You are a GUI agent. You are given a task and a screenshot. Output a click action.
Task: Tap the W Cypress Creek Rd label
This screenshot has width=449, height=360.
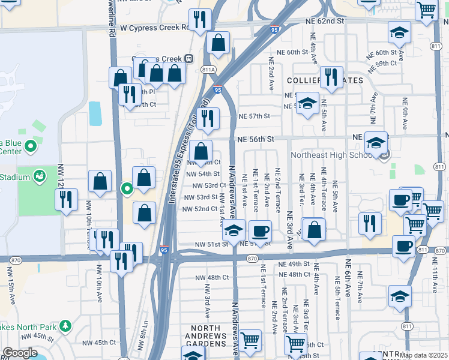tap(154, 28)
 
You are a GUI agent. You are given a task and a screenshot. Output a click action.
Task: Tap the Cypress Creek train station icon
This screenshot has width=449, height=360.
tap(188, 58)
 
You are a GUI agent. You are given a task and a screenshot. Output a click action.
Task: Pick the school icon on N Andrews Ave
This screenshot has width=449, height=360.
tap(234, 230)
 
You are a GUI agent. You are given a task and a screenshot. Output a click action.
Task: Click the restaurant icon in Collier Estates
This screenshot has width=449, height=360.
tap(331, 76)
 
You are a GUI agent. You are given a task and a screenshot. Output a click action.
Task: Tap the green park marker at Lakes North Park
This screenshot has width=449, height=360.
tap(65, 326)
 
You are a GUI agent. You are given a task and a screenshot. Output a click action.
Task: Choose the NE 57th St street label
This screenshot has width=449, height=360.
tap(255, 116)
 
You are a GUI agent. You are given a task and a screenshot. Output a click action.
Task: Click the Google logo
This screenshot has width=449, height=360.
tap(20, 353)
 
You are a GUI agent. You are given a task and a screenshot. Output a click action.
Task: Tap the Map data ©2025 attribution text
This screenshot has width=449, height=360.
tap(423, 355)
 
